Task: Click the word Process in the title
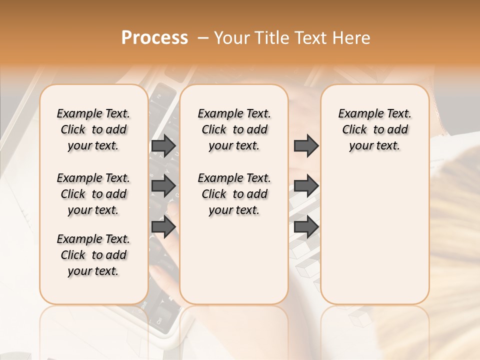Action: pos(154,37)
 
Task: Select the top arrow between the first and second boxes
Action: pos(163,145)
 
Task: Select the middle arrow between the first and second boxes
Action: pos(163,186)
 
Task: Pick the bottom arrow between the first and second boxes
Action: pos(163,227)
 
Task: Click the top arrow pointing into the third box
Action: pos(306,145)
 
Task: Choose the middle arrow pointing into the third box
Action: pos(306,186)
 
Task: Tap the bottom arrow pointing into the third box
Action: pos(306,227)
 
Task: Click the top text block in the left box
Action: pos(93,129)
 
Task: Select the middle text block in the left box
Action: pos(93,194)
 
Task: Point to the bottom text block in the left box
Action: pos(93,255)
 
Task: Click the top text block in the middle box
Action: pos(234,129)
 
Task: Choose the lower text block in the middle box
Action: pos(234,194)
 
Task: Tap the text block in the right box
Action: pos(374,129)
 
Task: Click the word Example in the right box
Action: pos(356,114)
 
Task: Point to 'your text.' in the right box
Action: pos(374,146)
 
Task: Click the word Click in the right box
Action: pos(354,130)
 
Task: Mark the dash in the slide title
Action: pos(203,38)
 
